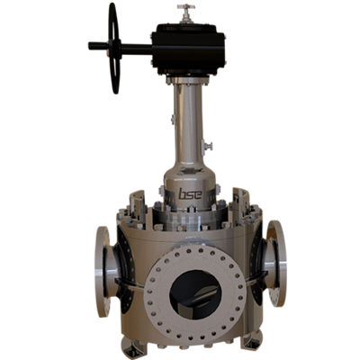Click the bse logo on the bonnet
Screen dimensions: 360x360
pyautogui.click(x=188, y=193)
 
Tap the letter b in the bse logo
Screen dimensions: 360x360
pyautogui.click(x=181, y=193)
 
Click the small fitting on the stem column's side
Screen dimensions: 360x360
pyautogui.click(x=206, y=144)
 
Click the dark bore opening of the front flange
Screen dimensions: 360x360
pyautogui.click(x=191, y=296)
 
